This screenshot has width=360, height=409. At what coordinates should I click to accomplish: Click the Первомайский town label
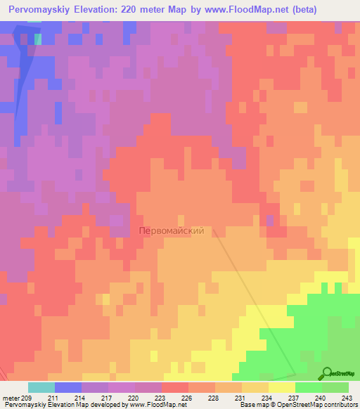[x=172, y=230]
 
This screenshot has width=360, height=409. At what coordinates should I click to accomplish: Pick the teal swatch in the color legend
[x=41, y=387]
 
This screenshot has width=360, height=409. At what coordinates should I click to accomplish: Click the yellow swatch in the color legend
[x=281, y=387]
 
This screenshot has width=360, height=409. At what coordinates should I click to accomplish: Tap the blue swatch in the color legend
[x=67, y=387]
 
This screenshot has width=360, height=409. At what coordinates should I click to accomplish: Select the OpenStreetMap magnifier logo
[x=328, y=374]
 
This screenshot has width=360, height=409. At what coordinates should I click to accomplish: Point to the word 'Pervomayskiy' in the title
[x=44, y=10]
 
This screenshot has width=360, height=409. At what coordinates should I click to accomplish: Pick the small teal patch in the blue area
[x=37, y=39]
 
